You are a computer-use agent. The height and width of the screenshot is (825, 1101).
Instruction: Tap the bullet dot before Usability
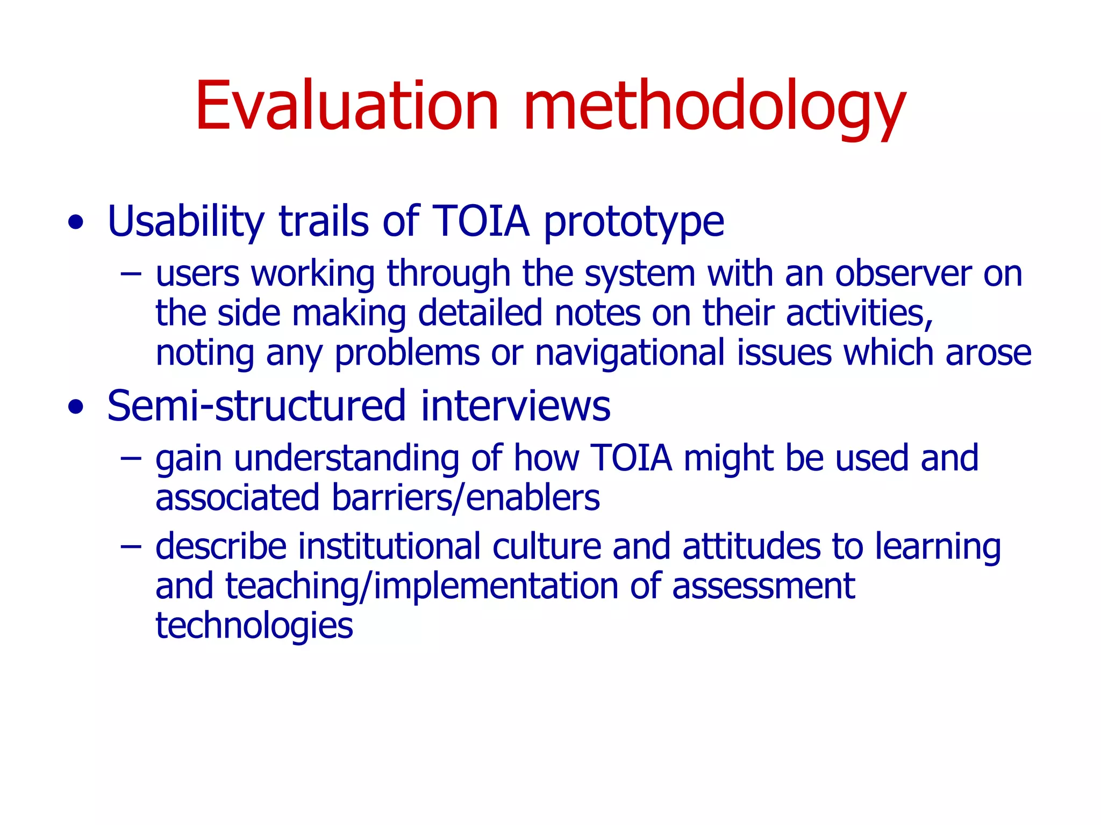pos(76,222)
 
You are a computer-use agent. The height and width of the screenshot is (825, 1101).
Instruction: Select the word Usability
pos(186,222)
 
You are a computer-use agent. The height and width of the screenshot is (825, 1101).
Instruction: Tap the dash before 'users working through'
pos(131,274)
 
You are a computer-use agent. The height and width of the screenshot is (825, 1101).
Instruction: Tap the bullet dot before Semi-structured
pos(76,407)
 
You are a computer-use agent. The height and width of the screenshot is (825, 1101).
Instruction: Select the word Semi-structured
pos(256,407)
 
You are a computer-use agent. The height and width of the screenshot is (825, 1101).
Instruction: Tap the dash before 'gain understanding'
pos(131,459)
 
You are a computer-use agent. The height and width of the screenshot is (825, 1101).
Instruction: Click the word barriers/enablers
pos(466,498)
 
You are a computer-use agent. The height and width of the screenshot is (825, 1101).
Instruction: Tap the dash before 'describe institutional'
pos(131,547)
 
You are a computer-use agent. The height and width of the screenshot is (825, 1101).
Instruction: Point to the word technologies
pos(254,626)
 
